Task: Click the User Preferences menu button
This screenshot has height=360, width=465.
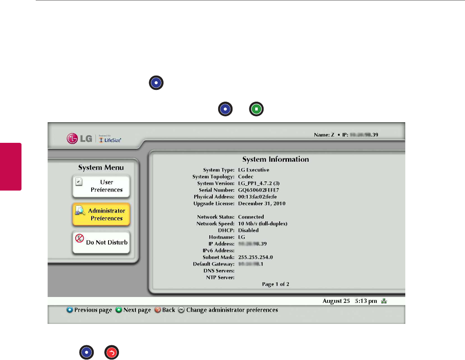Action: (101, 186)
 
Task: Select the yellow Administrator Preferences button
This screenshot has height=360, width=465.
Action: (101, 214)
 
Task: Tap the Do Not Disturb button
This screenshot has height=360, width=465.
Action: (101, 242)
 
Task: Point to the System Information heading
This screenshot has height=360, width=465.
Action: (275, 160)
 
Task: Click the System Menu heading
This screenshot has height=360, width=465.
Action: (101, 168)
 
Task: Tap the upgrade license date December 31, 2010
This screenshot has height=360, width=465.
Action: (262, 203)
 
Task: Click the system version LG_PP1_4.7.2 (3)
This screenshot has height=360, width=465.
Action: (261, 183)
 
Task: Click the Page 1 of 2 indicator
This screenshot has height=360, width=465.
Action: (275, 284)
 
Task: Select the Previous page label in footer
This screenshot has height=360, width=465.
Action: (93, 310)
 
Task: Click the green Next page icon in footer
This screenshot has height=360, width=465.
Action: (119, 310)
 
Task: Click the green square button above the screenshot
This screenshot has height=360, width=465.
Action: (257, 109)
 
